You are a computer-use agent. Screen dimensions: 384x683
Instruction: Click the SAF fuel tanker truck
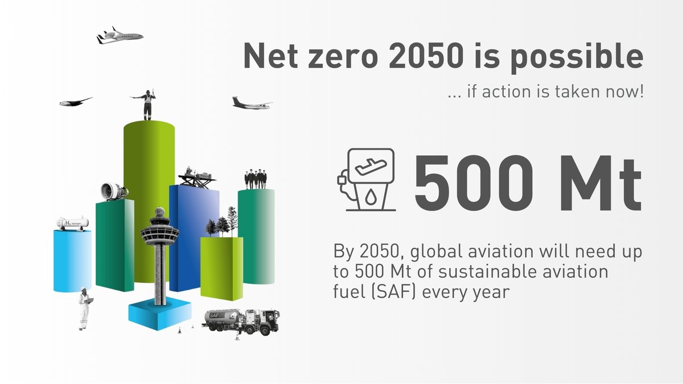click(x=242, y=321)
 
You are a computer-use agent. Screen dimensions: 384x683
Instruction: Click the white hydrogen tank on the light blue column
click(x=72, y=223)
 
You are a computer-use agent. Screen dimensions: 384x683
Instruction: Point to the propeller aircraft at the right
click(x=251, y=103)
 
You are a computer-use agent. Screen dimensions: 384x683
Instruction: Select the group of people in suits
click(x=256, y=179)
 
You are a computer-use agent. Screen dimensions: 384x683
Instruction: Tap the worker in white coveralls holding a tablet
click(x=85, y=308)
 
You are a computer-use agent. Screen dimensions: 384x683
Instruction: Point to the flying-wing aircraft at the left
click(x=75, y=102)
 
